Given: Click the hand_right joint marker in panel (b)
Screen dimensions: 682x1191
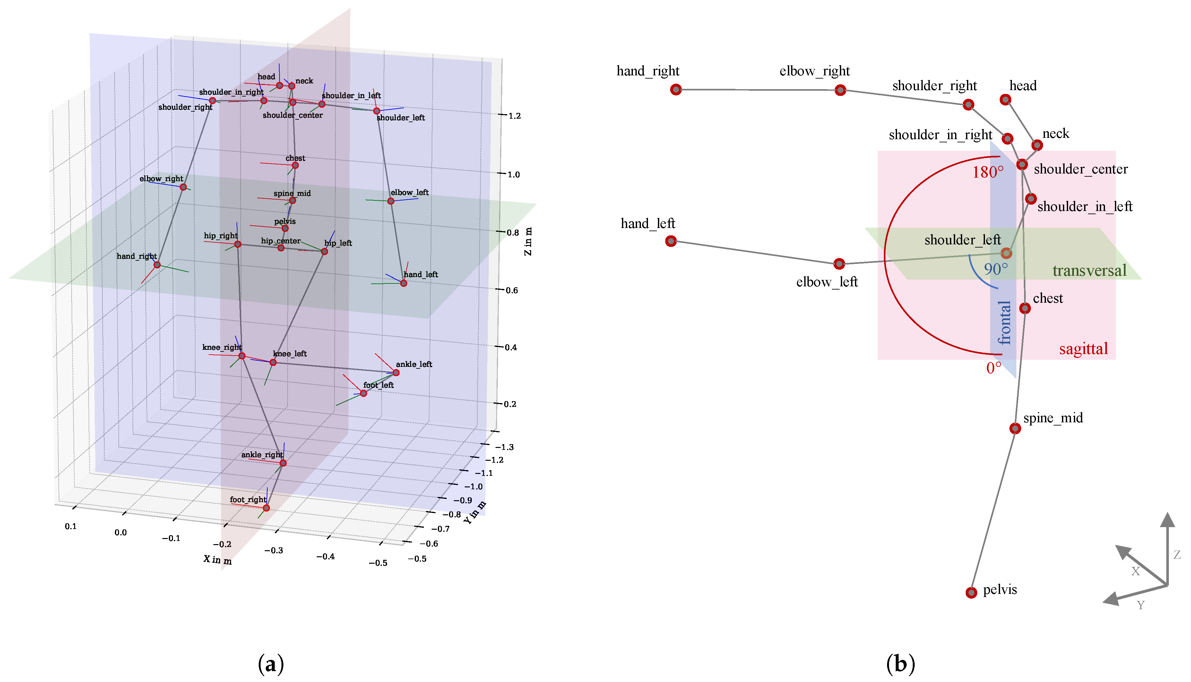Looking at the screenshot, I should [x=676, y=89].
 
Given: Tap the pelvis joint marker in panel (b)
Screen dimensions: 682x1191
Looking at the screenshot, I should [x=971, y=593].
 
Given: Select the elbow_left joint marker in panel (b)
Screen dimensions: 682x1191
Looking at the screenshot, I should [x=839, y=264].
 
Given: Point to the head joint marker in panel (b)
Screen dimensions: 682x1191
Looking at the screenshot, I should [x=1005, y=99].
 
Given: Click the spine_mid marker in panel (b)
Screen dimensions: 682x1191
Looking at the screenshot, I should [x=1015, y=428].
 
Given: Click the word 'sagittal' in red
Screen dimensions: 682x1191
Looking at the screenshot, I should [x=1083, y=349].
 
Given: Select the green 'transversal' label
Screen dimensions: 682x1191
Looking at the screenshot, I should [x=1089, y=271].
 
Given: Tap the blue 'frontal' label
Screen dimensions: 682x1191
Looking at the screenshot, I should [x=1004, y=323].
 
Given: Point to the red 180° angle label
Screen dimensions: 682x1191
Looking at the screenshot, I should [x=988, y=173].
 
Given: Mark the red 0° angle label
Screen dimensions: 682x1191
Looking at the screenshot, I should [x=994, y=368].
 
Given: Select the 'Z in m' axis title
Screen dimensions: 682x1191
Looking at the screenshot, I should [x=528, y=241].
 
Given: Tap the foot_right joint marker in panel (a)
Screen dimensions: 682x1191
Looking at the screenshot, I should [x=266, y=508].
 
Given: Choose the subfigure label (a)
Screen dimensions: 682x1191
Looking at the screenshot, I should [x=271, y=664].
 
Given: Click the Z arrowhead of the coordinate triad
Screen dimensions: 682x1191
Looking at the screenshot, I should [x=1167, y=520].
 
